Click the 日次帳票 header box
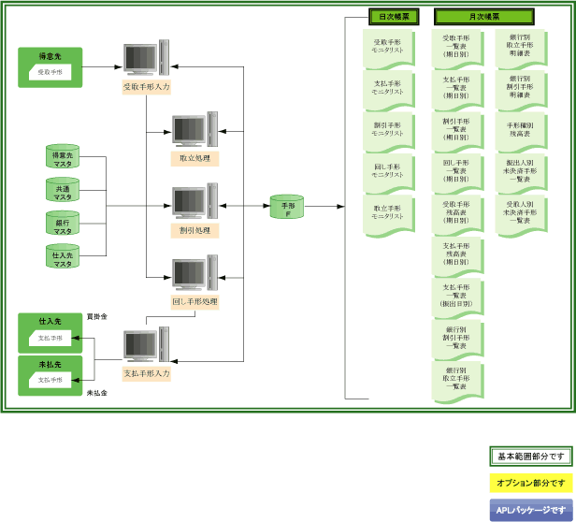(387, 17)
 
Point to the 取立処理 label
(194, 158)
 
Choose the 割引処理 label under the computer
(194, 230)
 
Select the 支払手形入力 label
(147, 373)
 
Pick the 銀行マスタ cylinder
(63, 224)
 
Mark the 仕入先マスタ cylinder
(63, 257)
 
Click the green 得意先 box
(50, 67)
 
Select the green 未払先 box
(50, 375)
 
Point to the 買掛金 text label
(97, 317)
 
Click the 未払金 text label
(97, 394)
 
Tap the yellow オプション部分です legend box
(531, 483)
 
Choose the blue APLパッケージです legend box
(531, 510)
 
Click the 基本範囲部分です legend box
(531, 457)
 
